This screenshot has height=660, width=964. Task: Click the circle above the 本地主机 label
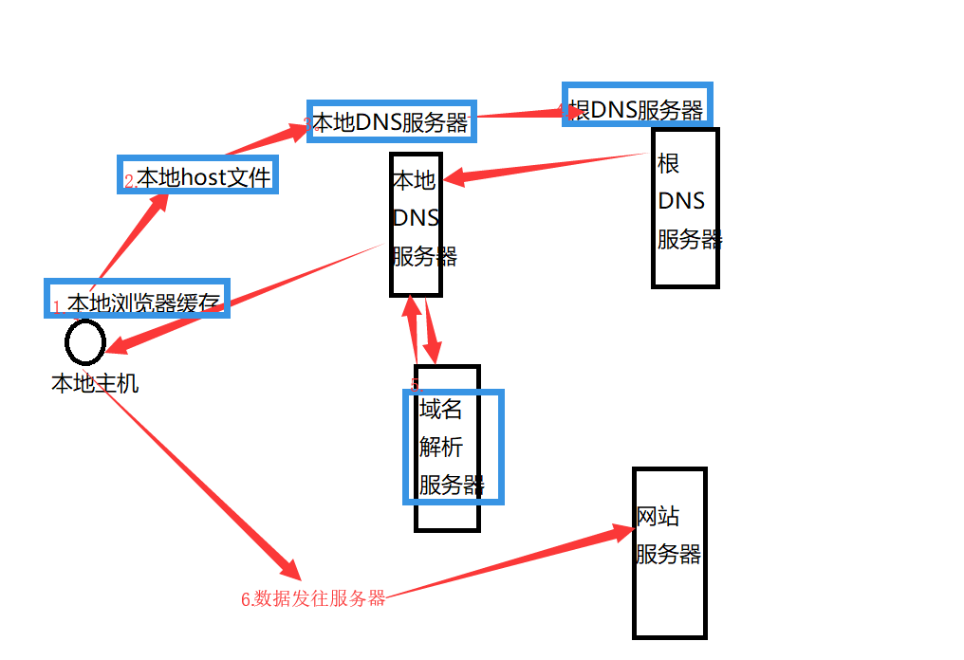[x=85, y=341]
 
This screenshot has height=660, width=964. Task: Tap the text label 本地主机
[x=95, y=384]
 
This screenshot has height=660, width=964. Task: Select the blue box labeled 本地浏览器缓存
[x=138, y=298]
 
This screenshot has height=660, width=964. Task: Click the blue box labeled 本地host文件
[x=198, y=175]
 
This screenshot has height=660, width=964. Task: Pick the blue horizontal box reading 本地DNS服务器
[x=391, y=120]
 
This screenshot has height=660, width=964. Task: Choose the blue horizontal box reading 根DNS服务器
[x=637, y=104]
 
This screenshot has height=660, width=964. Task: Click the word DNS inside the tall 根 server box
[x=681, y=201]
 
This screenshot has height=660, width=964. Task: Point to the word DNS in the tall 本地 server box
[x=416, y=218]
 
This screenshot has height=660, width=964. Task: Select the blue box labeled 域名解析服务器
[x=453, y=446]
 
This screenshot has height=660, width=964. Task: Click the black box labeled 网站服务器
[x=670, y=553]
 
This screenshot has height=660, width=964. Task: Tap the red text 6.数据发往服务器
[x=313, y=598]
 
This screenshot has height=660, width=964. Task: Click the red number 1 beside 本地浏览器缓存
[x=57, y=307]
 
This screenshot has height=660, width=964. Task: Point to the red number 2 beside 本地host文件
[x=130, y=183]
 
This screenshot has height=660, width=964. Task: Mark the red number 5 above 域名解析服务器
[x=416, y=385]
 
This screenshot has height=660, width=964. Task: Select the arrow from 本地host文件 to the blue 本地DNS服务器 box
[x=266, y=139]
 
